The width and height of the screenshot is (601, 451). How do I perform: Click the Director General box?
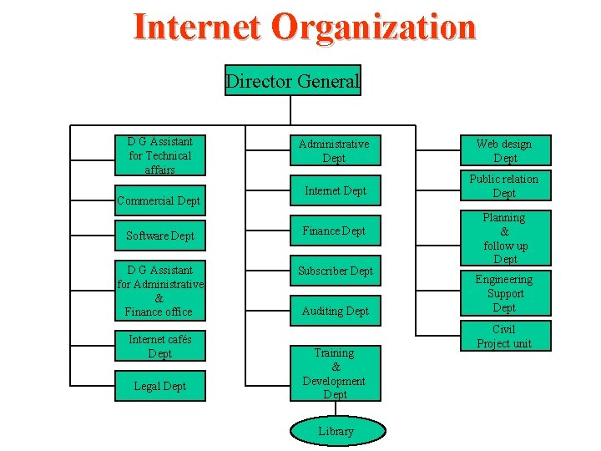292,81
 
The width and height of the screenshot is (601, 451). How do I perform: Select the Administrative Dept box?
335,151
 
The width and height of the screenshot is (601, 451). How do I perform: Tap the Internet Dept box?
335,191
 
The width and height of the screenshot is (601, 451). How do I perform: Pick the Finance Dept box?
335,231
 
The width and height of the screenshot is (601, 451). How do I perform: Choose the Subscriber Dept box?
335,271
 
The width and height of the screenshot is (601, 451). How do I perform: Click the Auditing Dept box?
335,312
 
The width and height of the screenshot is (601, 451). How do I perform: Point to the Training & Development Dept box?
335,373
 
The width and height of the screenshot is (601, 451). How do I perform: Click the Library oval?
337,432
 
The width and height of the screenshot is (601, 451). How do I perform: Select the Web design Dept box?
504,151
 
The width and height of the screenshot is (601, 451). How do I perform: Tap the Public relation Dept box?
504,186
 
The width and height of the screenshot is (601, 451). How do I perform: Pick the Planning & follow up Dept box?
504,238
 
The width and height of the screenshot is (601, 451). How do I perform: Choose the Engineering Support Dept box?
504,293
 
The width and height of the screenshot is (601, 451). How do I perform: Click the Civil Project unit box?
504,337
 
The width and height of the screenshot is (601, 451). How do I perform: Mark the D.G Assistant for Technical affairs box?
160,155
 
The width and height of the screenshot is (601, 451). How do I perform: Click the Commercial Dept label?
159,200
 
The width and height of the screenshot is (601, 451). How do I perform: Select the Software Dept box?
160,236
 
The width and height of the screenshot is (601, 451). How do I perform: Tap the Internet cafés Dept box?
160,347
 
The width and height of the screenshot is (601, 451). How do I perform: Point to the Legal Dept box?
160,387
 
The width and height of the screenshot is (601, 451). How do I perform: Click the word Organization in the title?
373,27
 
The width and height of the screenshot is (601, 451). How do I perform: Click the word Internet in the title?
197,27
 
